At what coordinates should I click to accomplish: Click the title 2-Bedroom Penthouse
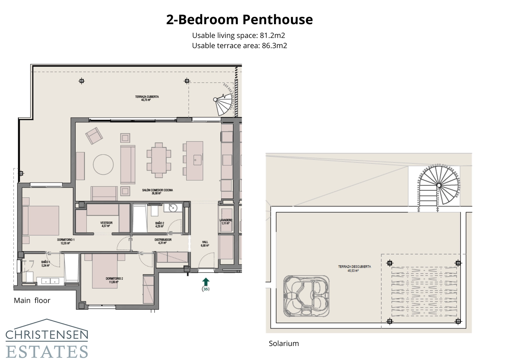(239, 19)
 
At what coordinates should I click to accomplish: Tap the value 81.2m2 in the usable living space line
(272, 35)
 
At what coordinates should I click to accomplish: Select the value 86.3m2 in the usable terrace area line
(274, 46)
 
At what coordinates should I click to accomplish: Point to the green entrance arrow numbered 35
(206, 282)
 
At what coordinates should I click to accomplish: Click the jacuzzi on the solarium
(306, 296)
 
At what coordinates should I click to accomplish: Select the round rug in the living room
(103, 165)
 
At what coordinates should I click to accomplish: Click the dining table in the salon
(158, 160)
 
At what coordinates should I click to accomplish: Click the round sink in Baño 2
(173, 208)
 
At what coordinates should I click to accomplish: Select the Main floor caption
(32, 300)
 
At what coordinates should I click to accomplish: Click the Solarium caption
(284, 343)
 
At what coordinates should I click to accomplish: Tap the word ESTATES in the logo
(47, 351)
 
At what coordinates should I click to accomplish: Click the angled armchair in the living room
(94, 136)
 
